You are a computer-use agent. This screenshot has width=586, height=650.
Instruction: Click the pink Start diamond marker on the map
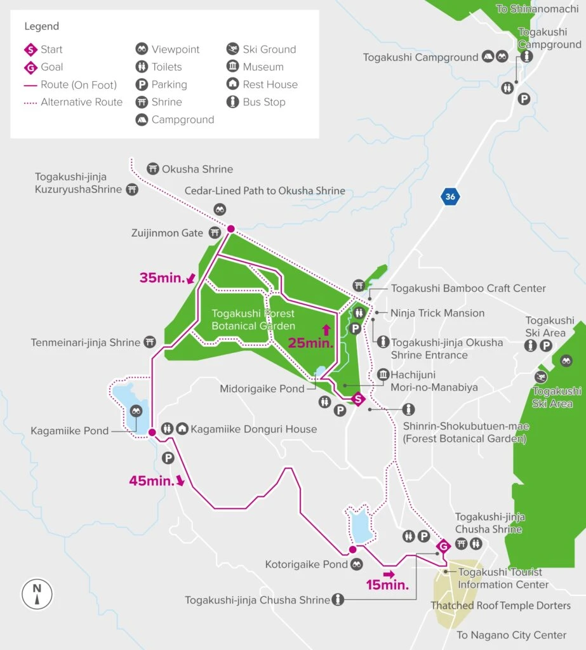coord(357,399)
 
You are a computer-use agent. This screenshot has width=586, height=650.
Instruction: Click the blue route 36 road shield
coord(450,197)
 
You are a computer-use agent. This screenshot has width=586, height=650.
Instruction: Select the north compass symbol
coord(37,594)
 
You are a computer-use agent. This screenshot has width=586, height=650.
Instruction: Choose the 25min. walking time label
coord(310,343)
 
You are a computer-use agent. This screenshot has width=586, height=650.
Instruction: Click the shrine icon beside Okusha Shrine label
coord(152,169)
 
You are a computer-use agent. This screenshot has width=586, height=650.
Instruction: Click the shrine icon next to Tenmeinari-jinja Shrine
coord(150,342)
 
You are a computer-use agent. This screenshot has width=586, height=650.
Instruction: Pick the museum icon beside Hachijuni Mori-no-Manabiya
coord(383,375)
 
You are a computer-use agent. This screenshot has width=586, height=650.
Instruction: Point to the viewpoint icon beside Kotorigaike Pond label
coord(357,564)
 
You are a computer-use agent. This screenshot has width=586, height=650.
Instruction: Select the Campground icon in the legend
coord(142,119)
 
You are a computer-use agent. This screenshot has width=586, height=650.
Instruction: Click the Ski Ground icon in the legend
coord(232,49)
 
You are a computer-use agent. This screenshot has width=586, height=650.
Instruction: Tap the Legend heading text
coord(42,26)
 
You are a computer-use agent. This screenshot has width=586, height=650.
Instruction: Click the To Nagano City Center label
coord(512,635)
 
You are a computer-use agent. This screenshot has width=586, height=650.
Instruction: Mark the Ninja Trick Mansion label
coord(437,313)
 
